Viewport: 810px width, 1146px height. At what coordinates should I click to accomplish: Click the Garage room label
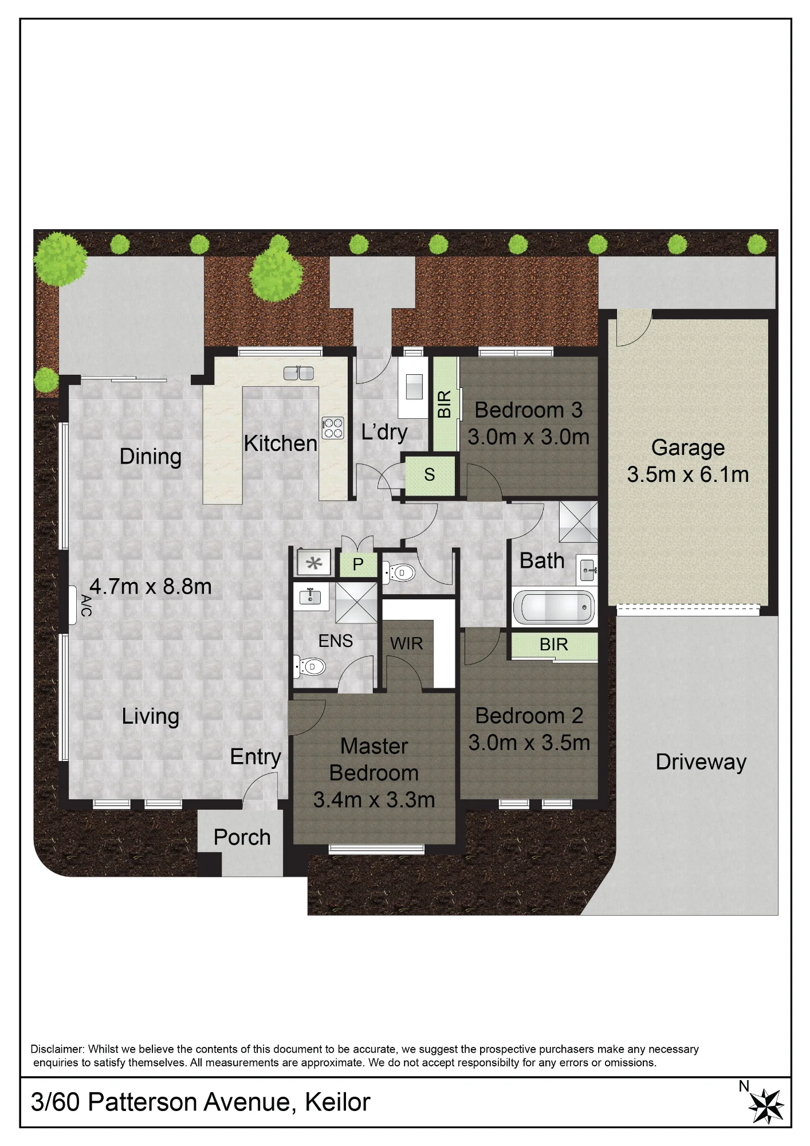tap(687, 448)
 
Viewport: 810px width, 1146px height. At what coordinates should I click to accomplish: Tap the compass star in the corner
tap(766, 1106)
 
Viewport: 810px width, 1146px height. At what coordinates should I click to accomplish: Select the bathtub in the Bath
tap(553, 607)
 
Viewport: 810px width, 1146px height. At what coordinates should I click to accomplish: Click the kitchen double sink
tap(298, 373)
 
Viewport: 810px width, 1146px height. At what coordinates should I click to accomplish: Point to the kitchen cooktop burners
tap(333, 428)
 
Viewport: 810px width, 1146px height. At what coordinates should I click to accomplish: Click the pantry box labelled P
tap(359, 564)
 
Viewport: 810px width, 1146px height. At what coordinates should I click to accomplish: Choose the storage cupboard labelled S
tap(430, 474)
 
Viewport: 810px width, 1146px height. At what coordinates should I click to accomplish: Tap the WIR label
tap(406, 643)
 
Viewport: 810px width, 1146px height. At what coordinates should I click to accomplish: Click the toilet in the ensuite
tap(309, 666)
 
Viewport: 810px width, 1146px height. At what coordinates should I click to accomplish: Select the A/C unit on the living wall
tap(73, 605)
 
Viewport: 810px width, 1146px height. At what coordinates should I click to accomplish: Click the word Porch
tap(242, 837)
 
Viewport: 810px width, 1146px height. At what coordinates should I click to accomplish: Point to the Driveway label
tap(701, 762)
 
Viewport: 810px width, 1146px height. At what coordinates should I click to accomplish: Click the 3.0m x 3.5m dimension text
tap(529, 743)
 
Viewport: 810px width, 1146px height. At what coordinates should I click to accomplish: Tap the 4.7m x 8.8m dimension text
tap(151, 586)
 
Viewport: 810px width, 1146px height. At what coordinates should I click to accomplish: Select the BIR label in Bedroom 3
tap(445, 404)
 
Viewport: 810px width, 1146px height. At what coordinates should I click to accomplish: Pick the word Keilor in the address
tap(337, 1102)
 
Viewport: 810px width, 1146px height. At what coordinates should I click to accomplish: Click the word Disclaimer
tap(57, 1049)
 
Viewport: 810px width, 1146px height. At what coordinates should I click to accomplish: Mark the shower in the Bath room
tap(579, 521)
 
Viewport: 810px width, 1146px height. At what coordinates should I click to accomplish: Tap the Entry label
tap(255, 757)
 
